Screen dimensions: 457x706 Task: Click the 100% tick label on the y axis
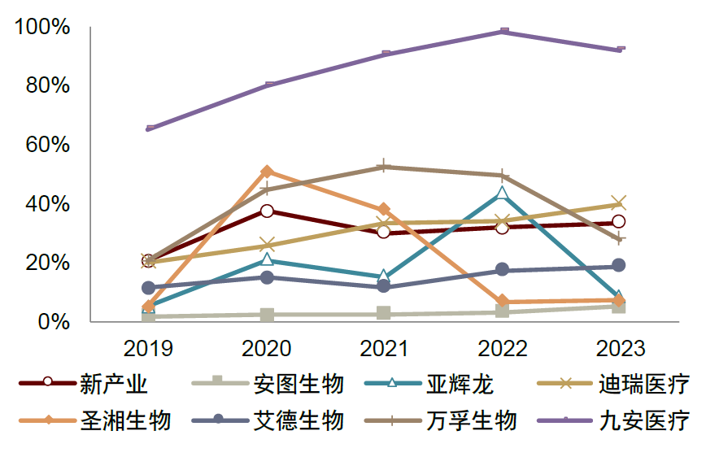[x=42, y=27]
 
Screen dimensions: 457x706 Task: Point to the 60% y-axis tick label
[x=48, y=145]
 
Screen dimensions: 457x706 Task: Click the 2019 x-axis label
[x=148, y=349]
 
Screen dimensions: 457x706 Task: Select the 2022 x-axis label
[x=503, y=349]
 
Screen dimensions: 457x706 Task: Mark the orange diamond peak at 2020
[x=267, y=172]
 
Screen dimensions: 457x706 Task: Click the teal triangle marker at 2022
[x=503, y=193]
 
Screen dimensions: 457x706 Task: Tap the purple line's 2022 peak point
[x=503, y=32]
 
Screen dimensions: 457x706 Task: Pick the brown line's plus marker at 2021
[x=385, y=167]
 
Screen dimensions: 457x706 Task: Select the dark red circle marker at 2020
[x=267, y=211]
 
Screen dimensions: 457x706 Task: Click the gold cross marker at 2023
[x=619, y=203]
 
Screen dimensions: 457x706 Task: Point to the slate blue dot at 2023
[x=619, y=266]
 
